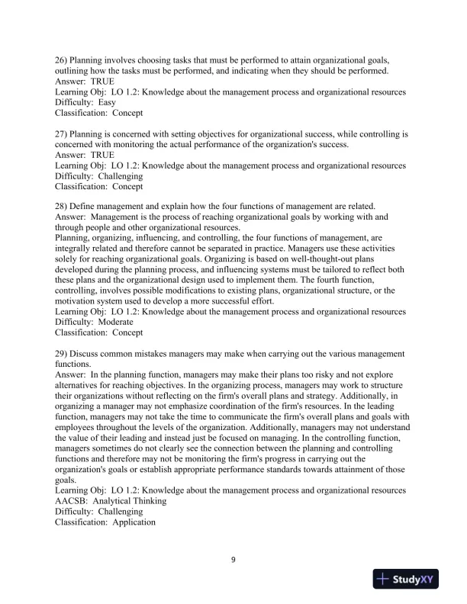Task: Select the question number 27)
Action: pos(63,133)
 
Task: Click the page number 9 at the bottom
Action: pos(233,561)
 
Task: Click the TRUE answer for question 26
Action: pos(101,81)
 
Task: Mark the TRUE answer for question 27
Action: pos(101,155)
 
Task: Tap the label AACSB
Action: pos(72,501)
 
